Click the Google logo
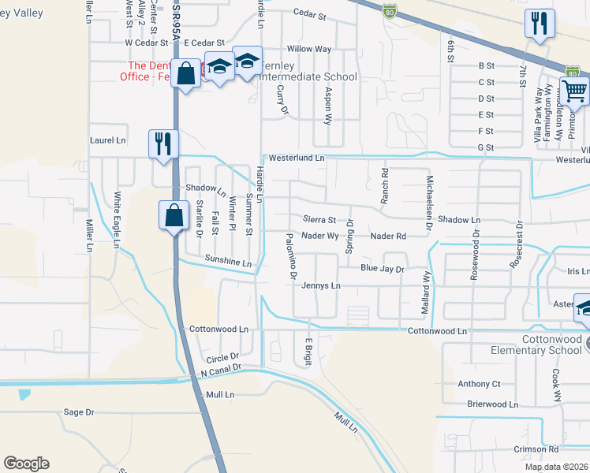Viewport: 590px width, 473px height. click(x=26, y=464)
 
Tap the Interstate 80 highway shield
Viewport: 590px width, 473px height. click(x=388, y=10)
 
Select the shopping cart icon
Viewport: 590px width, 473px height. click(x=574, y=91)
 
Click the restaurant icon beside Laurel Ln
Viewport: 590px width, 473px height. click(x=163, y=144)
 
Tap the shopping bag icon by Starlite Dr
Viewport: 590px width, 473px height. click(x=174, y=214)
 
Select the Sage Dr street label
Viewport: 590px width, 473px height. click(x=78, y=412)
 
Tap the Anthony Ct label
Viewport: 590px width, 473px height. click(x=479, y=384)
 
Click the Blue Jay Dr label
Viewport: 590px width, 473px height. click(x=382, y=269)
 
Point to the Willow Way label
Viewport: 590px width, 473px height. click(x=309, y=49)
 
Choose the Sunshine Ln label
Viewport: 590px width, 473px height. click(x=227, y=260)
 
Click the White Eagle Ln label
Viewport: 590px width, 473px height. click(x=116, y=221)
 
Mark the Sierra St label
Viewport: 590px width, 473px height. click(x=320, y=220)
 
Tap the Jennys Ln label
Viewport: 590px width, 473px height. click(x=320, y=285)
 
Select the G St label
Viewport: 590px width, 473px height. click(x=486, y=147)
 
